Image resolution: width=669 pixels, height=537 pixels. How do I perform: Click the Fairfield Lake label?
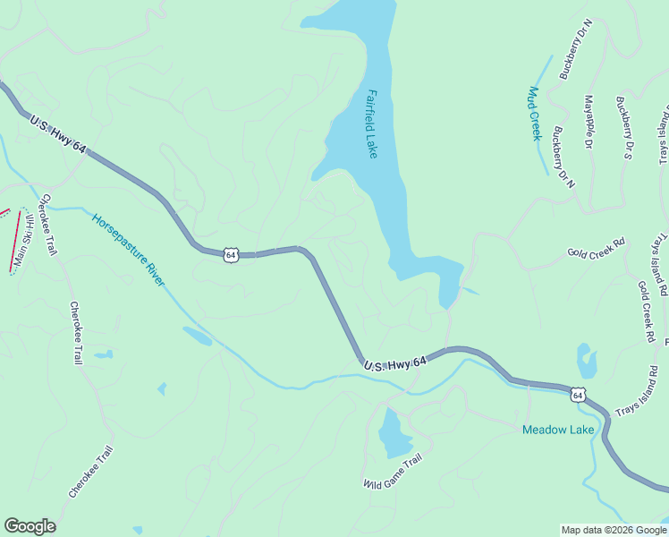(x=372, y=123)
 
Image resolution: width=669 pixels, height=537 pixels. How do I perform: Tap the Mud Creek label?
(x=536, y=114)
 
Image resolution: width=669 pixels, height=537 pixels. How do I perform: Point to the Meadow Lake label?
(x=558, y=430)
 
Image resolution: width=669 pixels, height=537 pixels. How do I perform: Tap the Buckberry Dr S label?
(x=624, y=127)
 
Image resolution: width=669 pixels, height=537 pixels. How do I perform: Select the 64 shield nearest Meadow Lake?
(x=579, y=394)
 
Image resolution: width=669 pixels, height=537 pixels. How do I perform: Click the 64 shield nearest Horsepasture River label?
(x=231, y=255)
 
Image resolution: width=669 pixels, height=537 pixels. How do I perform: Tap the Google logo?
(x=30, y=526)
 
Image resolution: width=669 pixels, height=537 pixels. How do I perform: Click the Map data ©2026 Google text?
(x=614, y=530)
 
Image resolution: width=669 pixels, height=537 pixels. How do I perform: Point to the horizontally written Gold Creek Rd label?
(x=596, y=248)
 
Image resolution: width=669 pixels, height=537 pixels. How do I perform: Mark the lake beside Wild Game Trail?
(x=394, y=434)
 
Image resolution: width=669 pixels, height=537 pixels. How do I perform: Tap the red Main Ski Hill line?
(x=15, y=239)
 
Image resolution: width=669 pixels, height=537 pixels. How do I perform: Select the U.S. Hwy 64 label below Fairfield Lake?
(x=395, y=362)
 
